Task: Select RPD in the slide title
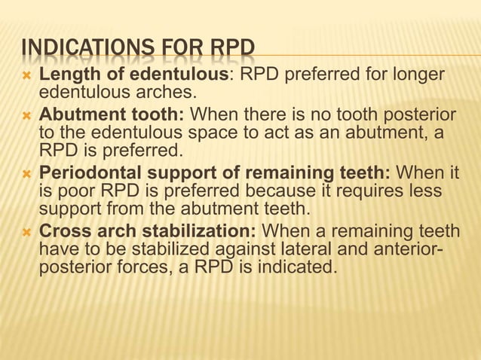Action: [x=232, y=50]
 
